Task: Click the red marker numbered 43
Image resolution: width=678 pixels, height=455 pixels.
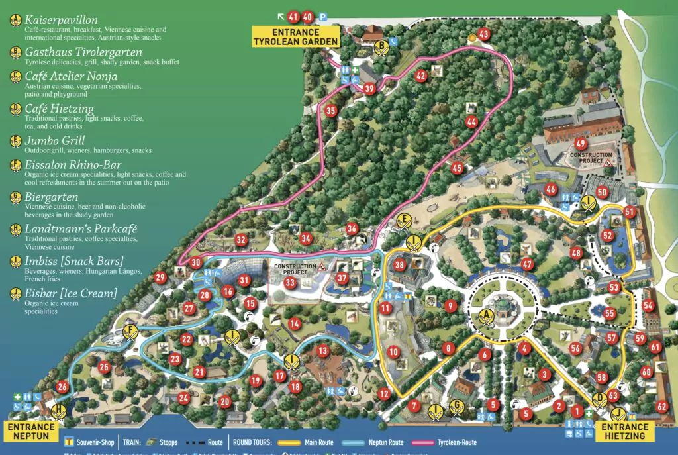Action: (483, 34)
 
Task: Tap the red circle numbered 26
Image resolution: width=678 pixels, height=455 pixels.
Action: (62, 387)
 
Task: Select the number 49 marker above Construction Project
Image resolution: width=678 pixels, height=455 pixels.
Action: (581, 144)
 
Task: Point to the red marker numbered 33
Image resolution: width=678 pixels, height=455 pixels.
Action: (289, 283)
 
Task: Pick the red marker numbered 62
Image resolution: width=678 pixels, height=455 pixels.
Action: (661, 407)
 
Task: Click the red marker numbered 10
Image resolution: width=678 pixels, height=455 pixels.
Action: (393, 352)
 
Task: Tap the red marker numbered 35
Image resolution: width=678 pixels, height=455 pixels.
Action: (330, 111)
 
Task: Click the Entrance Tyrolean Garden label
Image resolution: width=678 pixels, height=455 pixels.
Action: (296, 37)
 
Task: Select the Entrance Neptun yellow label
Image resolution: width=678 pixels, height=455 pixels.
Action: (32, 432)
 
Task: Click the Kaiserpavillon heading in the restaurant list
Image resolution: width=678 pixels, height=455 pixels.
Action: (62, 21)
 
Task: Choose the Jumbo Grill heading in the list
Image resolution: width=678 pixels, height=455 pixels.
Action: (55, 140)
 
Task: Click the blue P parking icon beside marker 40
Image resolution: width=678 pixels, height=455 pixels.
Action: (323, 17)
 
